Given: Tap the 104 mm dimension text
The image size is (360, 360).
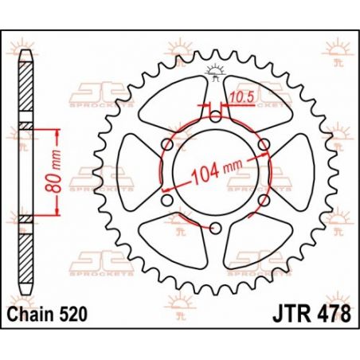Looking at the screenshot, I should click(x=217, y=174).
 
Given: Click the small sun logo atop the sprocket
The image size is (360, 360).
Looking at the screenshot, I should click(x=216, y=73).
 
